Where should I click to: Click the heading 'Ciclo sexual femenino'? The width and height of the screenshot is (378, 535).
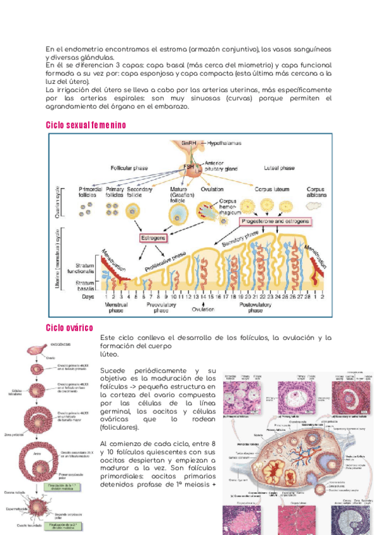coord(86,125)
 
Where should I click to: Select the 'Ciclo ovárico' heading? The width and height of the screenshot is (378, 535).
coord(69,327)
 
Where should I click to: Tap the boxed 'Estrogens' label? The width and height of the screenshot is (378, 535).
coord(153,238)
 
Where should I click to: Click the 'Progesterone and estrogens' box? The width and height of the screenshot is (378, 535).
coord(275,222)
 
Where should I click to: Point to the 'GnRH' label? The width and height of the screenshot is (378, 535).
coord(189,144)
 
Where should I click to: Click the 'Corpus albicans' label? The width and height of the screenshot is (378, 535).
coord(316,192)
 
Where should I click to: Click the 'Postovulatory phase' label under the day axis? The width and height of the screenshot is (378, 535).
coord(255,307)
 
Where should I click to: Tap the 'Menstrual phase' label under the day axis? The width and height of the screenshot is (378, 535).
coord(117,307)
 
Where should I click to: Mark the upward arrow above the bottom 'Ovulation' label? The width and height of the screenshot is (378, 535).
coord(203,302)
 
